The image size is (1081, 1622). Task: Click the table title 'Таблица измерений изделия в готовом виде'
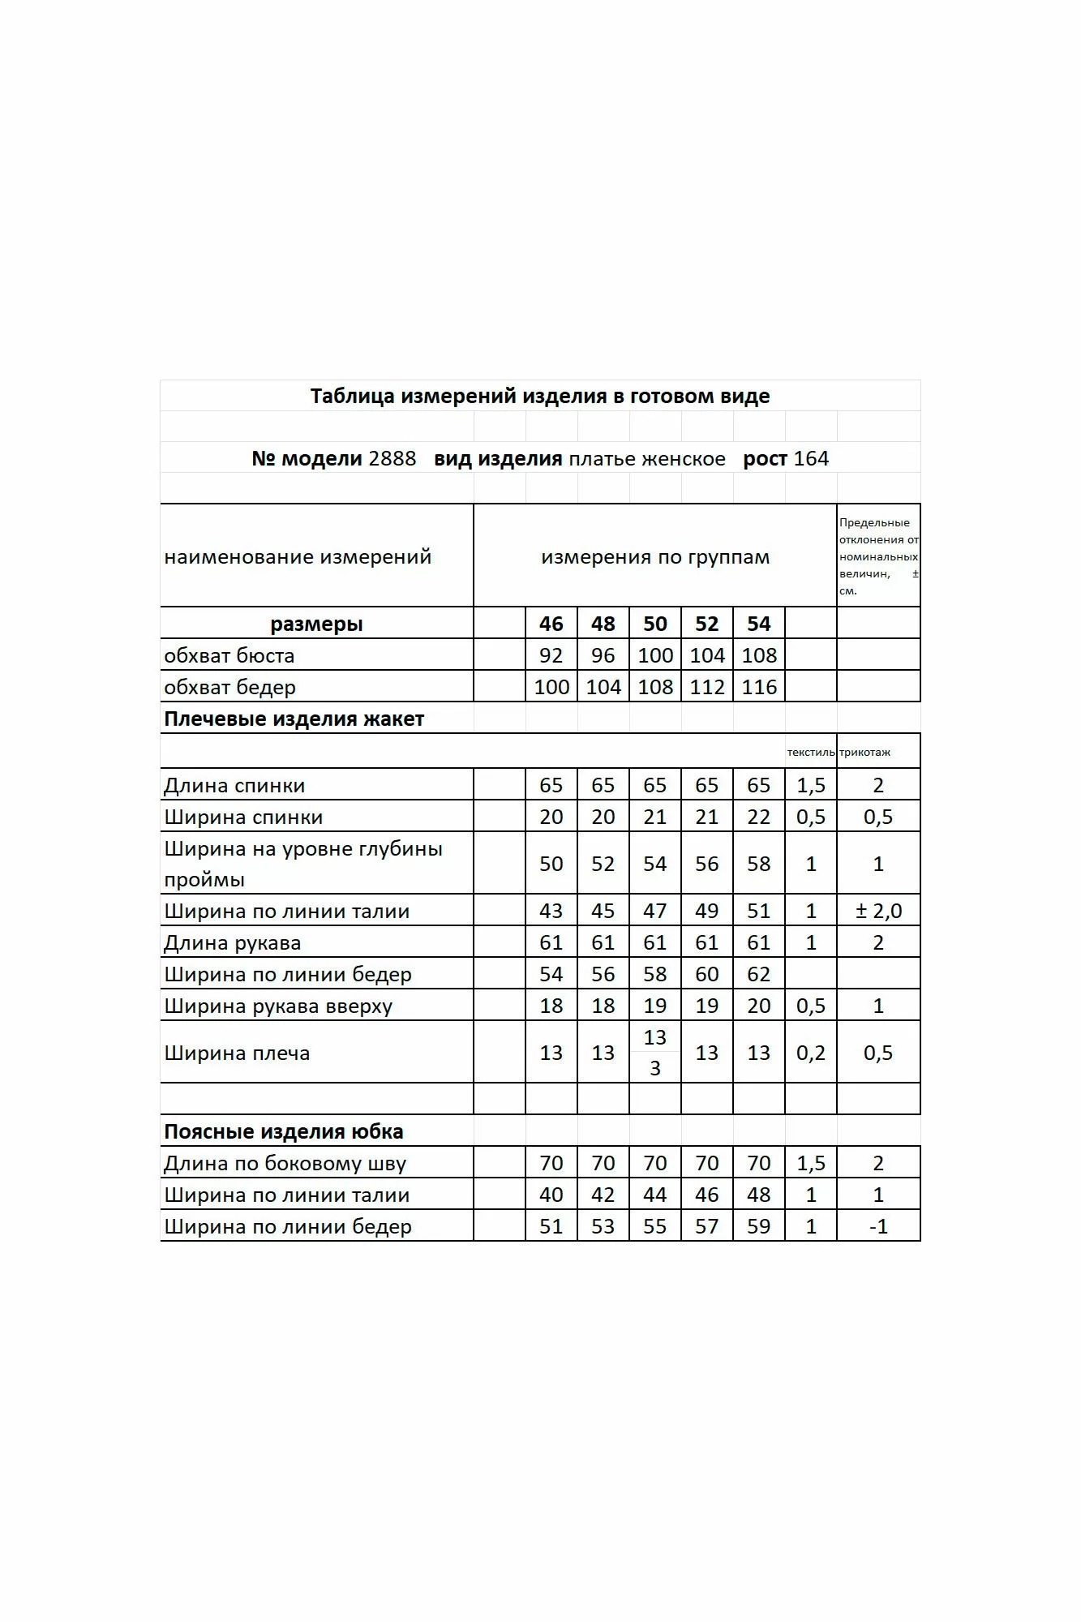click(540, 397)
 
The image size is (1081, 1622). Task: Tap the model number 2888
click(393, 459)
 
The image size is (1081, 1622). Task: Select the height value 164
click(811, 459)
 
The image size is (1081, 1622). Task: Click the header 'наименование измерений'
click(298, 557)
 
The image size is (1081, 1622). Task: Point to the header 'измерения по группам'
click(655, 557)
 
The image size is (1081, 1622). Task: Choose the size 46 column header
click(551, 624)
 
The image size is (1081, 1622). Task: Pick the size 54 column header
click(759, 624)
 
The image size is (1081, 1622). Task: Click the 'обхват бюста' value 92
click(551, 655)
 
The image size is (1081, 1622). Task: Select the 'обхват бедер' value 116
click(759, 687)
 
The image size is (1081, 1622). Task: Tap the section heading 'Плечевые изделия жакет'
click(294, 719)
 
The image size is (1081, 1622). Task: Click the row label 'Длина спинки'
click(234, 786)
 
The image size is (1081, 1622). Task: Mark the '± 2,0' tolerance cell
click(878, 911)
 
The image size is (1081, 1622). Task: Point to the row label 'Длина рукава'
click(232, 943)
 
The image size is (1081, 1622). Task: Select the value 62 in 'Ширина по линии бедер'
click(759, 974)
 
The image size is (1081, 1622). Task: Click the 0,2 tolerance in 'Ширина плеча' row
click(811, 1053)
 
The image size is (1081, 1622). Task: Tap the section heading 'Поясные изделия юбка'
click(283, 1132)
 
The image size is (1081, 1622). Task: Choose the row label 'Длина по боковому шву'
click(285, 1164)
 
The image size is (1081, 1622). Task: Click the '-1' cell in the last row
click(878, 1226)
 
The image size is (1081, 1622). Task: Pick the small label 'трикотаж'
click(865, 753)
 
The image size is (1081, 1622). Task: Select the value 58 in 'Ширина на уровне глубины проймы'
click(759, 864)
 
